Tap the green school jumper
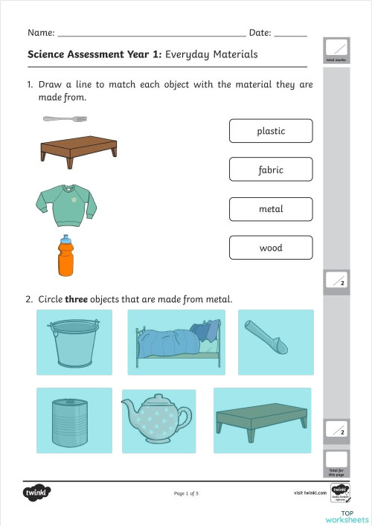[x=66, y=203]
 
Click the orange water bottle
[x=66, y=258]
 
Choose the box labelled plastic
[x=271, y=131]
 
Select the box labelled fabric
[x=271, y=170]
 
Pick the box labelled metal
[x=271, y=209]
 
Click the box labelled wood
[x=271, y=248]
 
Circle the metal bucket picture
[x=74, y=342]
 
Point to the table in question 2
[x=262, y=420]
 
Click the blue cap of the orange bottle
[x=66, y=241]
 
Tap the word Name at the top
[x=40, y=33]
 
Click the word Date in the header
[x=260, y=33]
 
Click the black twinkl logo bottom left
[x=36, y=493]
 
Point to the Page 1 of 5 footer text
[x=186, y=493]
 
